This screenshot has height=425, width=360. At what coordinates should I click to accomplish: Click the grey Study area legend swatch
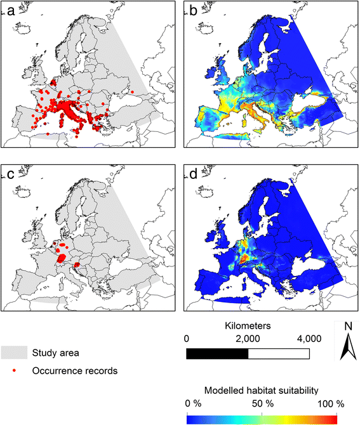pos(14,351)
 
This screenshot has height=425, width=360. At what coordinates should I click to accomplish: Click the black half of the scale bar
pos(217,353)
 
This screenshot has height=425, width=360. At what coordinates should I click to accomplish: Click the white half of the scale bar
pos(279,353)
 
